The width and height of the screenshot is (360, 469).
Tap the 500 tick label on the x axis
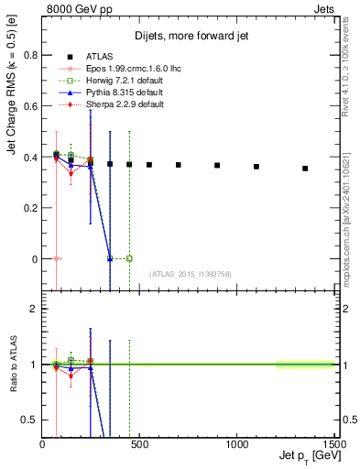[x=139, y=443]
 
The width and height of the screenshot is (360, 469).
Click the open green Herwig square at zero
[x=129, y=258]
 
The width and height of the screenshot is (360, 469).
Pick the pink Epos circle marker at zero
[x=57, y=258]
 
